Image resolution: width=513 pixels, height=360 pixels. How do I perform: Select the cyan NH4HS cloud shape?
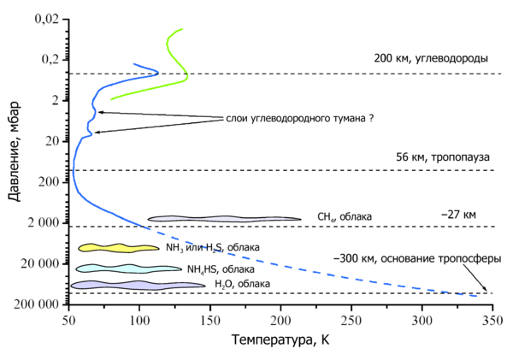click(x=120, y=268)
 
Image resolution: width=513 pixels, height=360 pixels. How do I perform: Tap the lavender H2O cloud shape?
click(x=137, y=285)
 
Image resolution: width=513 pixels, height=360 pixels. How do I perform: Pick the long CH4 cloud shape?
click(x=224, y=219)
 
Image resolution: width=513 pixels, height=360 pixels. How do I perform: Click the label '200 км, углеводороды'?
click(x=431, y=59)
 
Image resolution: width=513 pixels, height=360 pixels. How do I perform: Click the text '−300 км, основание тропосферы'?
click(x=417, y=257)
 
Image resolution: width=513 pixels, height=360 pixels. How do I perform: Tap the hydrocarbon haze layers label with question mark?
click(x=300, y=118)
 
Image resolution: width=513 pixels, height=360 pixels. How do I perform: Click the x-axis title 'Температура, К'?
click(x=280, y=341)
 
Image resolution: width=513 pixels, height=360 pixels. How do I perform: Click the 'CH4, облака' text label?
click(x=345, y=217)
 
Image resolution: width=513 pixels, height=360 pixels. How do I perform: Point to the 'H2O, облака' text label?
click(x=242, y=284)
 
